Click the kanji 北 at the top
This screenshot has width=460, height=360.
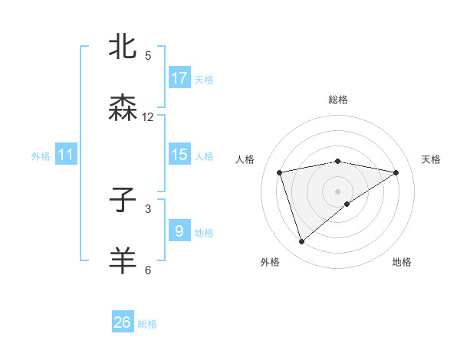point(123,47)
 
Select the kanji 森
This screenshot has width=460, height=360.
point(123,108)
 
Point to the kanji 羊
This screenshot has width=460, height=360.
point(123,260)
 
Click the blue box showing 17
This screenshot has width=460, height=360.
point(179,77)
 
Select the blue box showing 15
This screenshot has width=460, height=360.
point(179,154)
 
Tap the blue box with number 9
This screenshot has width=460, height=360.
point(179,230)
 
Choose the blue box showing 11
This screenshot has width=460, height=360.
point(66,155)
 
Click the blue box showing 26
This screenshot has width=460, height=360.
point(123,322)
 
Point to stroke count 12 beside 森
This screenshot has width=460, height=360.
point(148,117)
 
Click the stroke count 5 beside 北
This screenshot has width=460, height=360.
point(148,56)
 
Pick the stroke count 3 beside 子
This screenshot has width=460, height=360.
point(148,208)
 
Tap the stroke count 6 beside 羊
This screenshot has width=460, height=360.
point(148,270)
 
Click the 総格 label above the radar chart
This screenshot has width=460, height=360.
point(338,100)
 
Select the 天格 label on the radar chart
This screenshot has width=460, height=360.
point(431,159)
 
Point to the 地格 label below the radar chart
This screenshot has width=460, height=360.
point(402,262)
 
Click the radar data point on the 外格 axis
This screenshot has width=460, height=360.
point(301,242)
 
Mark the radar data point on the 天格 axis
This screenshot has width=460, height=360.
point(396,172)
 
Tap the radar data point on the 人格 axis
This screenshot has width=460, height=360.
point(280,172)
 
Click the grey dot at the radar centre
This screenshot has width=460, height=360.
point(338,191)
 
